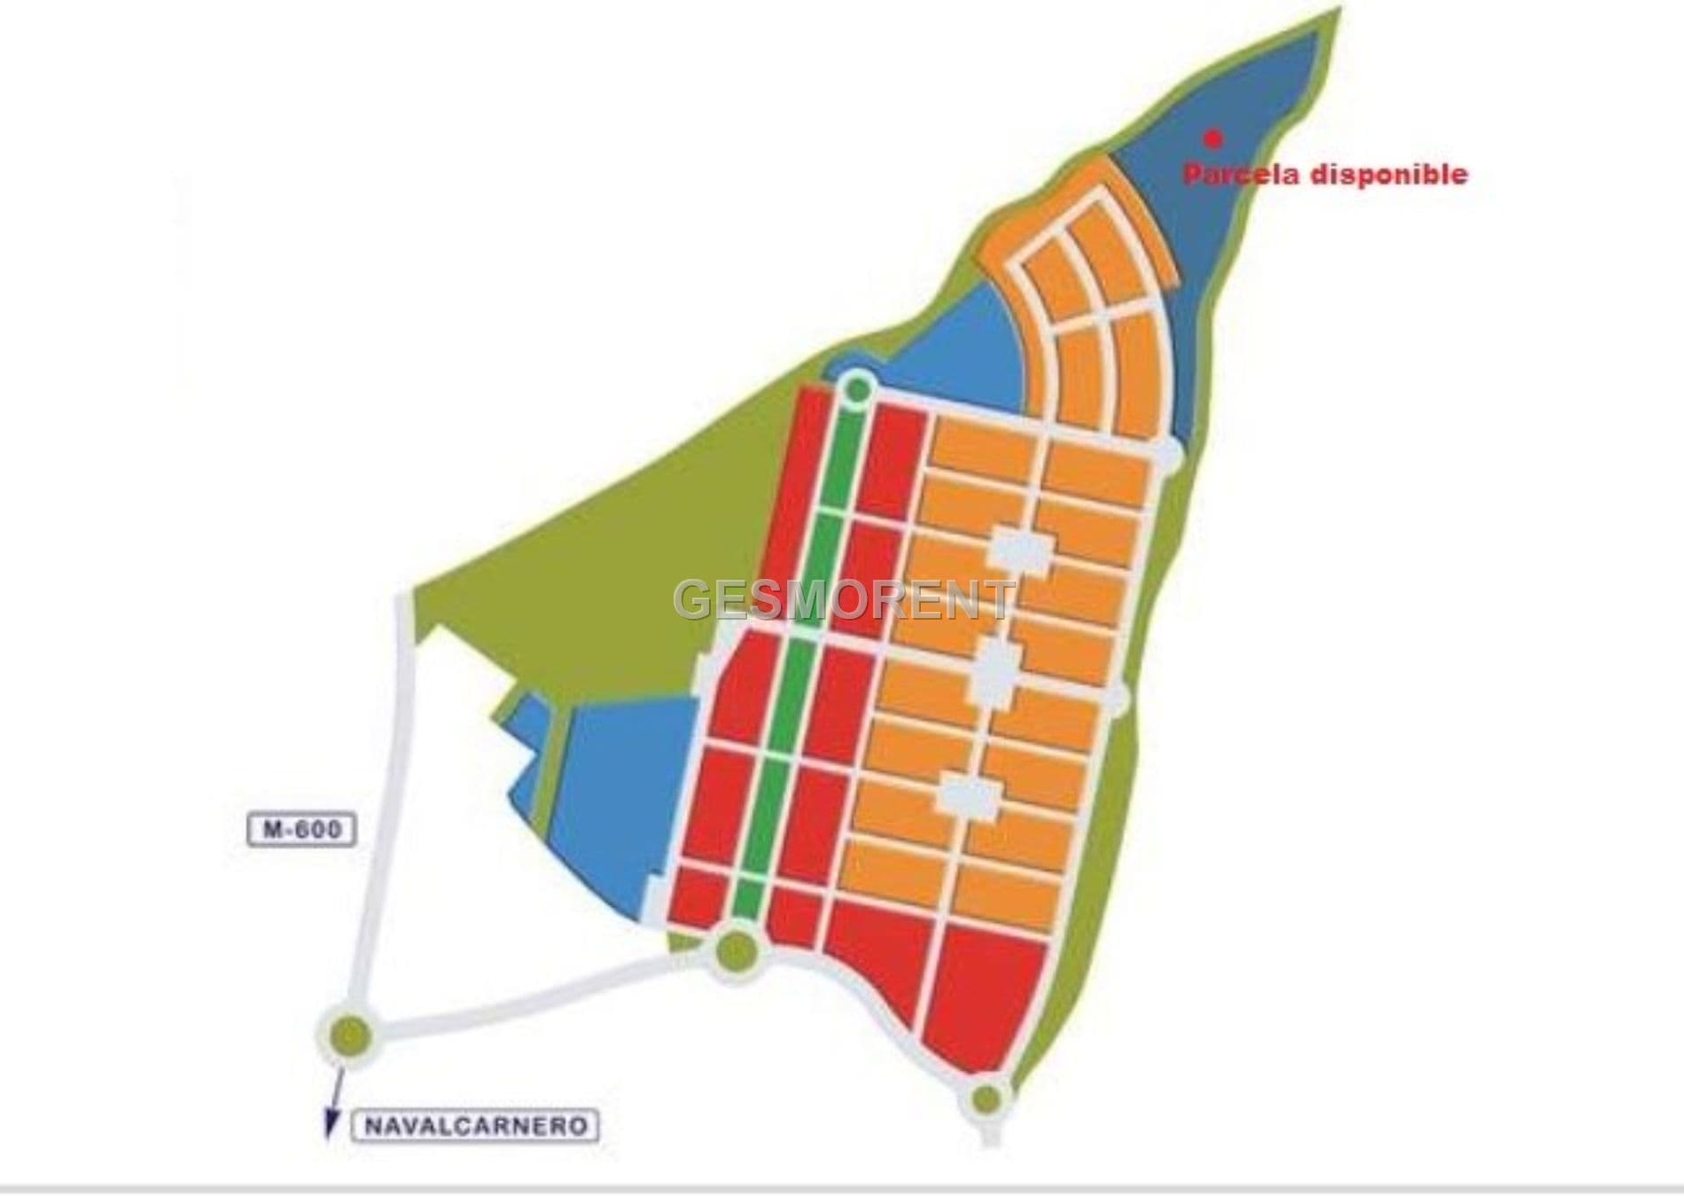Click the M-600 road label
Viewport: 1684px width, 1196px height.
301,831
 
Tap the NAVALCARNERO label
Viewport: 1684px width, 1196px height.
476,1126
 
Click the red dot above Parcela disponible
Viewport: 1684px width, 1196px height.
1213,138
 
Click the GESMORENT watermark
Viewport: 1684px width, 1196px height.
845,600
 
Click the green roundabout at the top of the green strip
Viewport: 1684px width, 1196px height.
857,387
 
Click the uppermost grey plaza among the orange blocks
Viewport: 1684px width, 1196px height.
1020,550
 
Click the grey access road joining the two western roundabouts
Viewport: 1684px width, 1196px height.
532,997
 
